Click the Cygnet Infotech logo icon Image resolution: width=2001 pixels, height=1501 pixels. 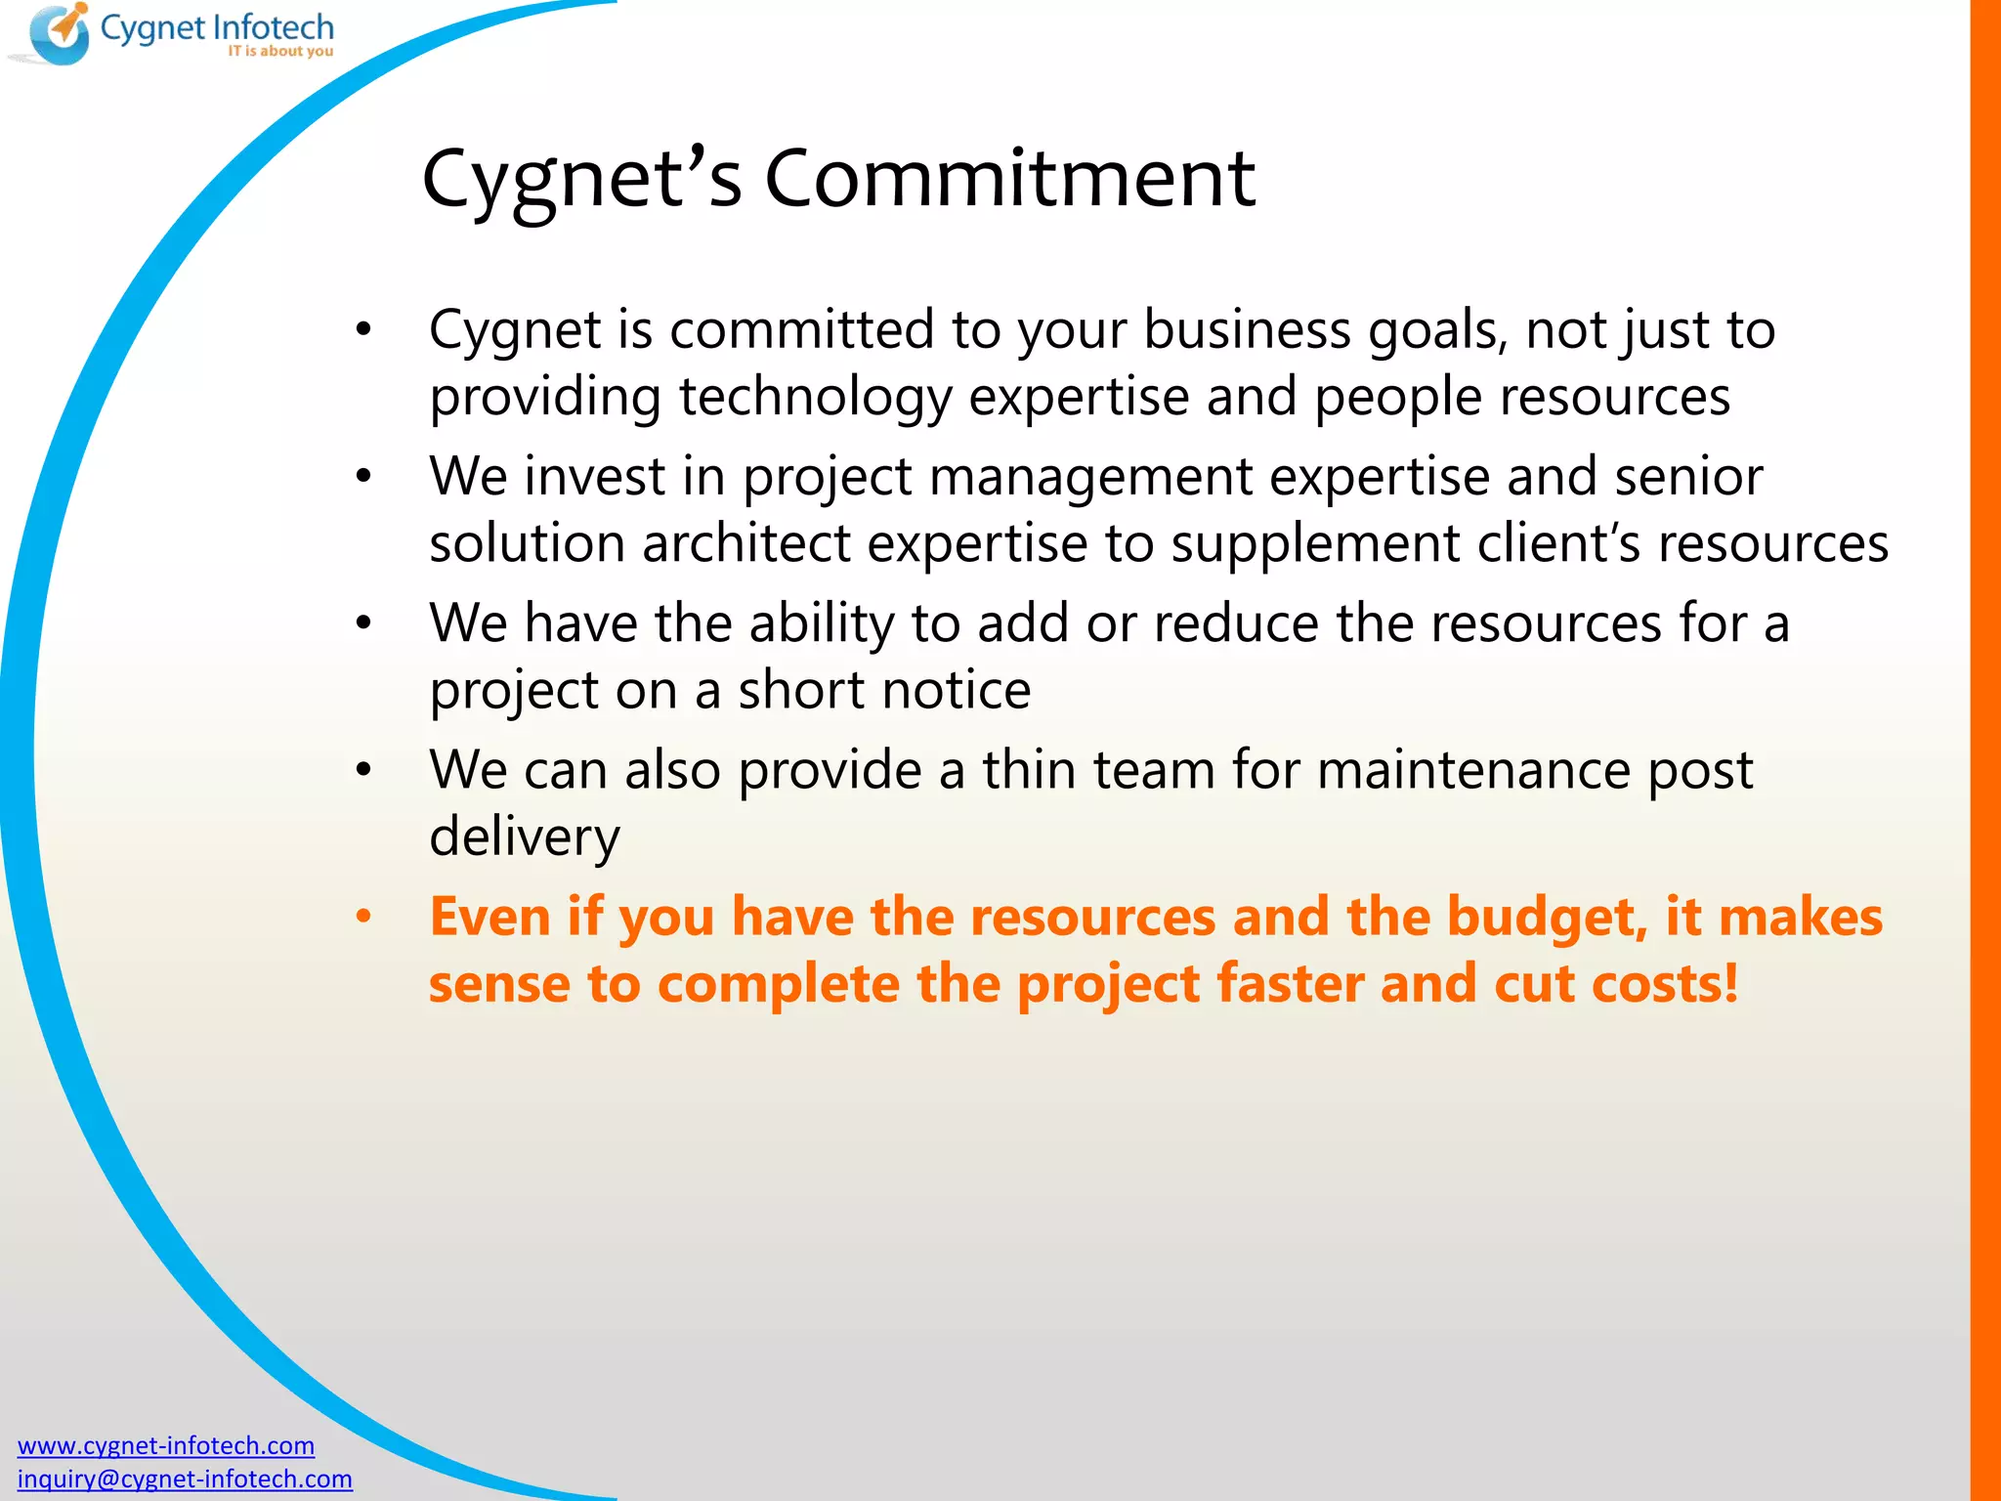[59, 34]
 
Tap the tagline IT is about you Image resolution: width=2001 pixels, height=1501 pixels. [280, 51]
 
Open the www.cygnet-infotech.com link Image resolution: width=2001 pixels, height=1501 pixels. [166, 1445]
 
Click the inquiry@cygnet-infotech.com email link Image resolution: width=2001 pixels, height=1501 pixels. [185, 1479]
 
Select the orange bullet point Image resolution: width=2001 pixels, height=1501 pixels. [363, 917]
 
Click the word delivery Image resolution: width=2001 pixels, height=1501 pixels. [525, 836]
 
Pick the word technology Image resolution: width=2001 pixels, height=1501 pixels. [815, 397]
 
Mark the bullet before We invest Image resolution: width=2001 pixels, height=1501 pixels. [363, 477]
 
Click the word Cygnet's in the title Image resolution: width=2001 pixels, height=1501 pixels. [581, 179]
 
